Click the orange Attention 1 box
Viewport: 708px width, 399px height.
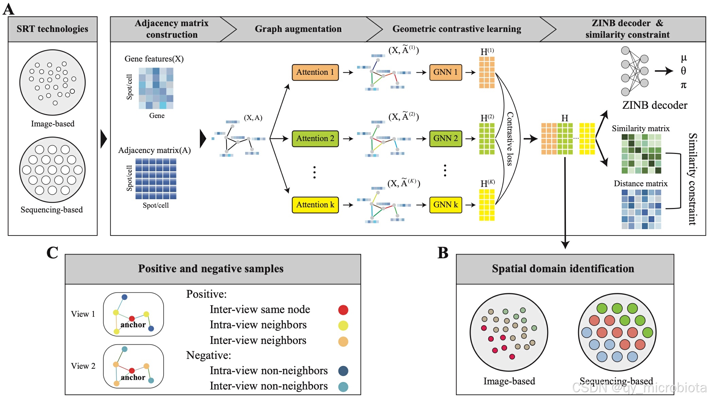(315, 72)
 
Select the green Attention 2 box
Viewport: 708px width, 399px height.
(315, 138)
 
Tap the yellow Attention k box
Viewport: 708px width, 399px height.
(315, 205)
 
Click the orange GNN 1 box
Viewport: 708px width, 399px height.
(445, 72)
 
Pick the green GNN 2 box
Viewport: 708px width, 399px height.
(445, 138)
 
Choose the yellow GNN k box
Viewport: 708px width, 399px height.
(445, 205)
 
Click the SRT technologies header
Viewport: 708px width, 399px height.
(52, 29)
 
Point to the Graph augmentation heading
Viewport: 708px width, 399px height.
(298, 29)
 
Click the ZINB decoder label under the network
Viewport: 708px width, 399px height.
(655, 105)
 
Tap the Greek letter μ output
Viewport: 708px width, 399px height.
(684, 58)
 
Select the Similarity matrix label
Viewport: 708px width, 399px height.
(641, 128)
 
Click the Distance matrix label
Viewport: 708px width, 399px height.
(641, 184)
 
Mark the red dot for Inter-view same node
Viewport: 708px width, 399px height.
(343, 310)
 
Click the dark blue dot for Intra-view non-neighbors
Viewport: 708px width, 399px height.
(343, 371)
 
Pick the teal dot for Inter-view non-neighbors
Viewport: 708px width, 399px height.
(343, 386)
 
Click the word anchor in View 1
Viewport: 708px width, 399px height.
(133, 325)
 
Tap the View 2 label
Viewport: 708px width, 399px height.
(83, 366)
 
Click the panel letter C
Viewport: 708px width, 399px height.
(52, 253)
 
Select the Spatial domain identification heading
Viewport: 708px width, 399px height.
(563, 268)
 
